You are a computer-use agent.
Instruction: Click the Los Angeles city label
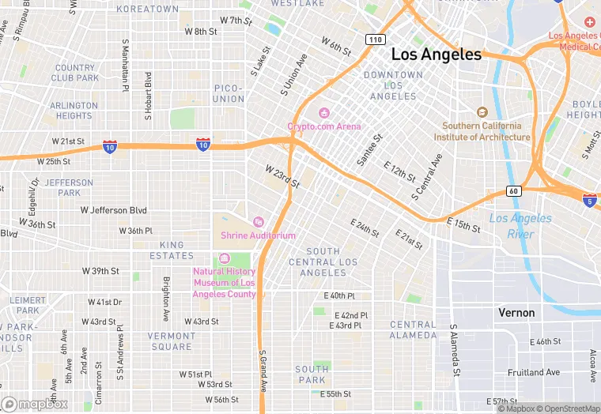437,55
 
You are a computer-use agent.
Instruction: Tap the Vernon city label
516,313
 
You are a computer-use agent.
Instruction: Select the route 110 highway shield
375,39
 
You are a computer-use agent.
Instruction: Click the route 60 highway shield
513,191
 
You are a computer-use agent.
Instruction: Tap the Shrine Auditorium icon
258,222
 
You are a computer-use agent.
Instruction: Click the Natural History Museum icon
224,258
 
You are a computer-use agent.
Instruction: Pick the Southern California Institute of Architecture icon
482,112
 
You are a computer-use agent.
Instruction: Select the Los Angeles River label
520,226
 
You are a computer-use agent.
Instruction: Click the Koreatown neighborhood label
147,9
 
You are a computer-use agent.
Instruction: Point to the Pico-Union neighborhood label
229,93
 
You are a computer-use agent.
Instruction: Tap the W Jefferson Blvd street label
114,210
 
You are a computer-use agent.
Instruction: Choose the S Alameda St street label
455,349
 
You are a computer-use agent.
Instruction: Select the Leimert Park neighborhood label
28,305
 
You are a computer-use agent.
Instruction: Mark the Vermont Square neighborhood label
171,341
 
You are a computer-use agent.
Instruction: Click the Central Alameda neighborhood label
413,330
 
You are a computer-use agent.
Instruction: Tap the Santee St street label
369,149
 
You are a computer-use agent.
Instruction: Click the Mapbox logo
34,404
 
